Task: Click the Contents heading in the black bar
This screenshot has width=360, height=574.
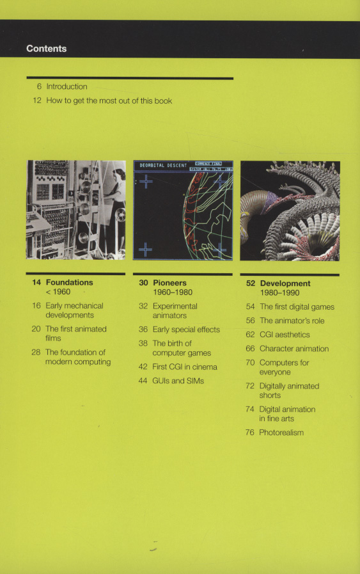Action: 47,49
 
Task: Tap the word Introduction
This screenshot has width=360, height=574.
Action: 67,87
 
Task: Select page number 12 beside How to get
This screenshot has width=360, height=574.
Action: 37,100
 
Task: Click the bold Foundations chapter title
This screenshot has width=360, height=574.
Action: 69,282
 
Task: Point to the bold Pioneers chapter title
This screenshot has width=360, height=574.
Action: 169,283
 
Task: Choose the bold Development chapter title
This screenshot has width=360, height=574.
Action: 285,283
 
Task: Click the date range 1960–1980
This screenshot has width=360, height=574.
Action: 172,292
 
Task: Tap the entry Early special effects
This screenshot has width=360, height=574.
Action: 186,330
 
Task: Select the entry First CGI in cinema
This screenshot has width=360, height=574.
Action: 185,367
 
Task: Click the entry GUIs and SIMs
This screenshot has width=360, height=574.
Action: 178,381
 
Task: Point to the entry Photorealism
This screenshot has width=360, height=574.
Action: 281,433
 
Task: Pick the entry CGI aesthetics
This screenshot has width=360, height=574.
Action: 285,335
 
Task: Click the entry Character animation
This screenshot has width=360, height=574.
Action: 294,349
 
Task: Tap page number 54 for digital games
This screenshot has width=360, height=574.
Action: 250,307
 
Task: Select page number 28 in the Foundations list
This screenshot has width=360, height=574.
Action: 36,352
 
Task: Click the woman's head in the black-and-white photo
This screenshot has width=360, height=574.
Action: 120,174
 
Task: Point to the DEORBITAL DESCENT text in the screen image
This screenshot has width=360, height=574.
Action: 163,166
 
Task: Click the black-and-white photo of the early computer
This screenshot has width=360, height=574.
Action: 75,210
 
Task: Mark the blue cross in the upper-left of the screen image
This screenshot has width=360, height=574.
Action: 146,181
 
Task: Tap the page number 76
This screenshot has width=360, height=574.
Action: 250,433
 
